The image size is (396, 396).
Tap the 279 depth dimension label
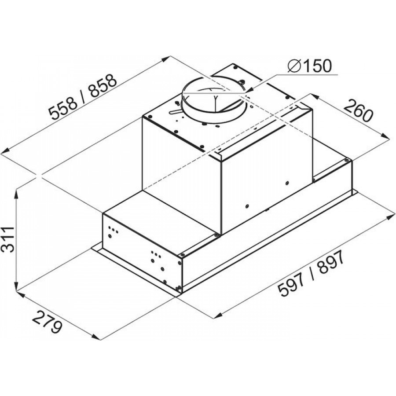coord(48,322)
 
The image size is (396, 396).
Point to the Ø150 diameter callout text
coord(309,66)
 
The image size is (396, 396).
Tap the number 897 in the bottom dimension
coord(331,263)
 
